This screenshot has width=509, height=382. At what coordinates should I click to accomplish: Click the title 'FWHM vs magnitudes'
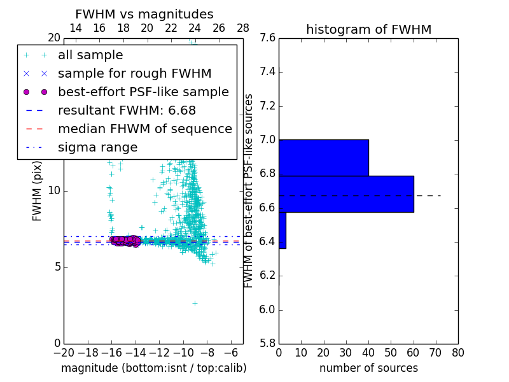[144, 14]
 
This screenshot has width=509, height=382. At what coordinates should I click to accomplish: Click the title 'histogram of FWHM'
[368, 29]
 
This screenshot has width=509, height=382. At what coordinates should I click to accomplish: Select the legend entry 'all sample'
[90, 55]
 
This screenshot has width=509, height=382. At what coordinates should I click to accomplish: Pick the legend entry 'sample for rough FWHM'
[134, 74]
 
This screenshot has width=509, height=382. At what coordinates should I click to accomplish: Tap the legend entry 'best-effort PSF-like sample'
[143, 92]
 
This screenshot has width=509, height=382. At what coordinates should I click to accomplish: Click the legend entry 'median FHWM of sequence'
[144, 129]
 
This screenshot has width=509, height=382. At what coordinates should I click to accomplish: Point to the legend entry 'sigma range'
[97, 148]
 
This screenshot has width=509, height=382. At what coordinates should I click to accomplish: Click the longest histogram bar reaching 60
[346, 194]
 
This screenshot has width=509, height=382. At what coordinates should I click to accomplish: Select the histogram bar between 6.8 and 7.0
[323, 157]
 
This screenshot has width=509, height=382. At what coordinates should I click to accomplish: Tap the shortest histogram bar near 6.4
[282, 230]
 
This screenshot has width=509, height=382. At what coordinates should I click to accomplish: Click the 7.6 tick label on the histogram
[267, 38]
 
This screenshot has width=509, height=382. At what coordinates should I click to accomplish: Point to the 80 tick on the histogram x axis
[458, 353]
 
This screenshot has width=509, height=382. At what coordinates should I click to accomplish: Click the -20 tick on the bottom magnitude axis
[64, 353]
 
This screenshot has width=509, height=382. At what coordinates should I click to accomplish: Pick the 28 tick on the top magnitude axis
[243, 28]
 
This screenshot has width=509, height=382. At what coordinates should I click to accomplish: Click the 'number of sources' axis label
[368, 368]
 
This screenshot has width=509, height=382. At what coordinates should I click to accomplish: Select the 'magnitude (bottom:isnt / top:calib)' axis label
[153, 368]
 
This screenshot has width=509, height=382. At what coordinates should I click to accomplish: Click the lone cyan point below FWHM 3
[195, 303]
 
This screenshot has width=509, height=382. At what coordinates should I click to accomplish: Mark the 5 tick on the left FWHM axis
[56, 267]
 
